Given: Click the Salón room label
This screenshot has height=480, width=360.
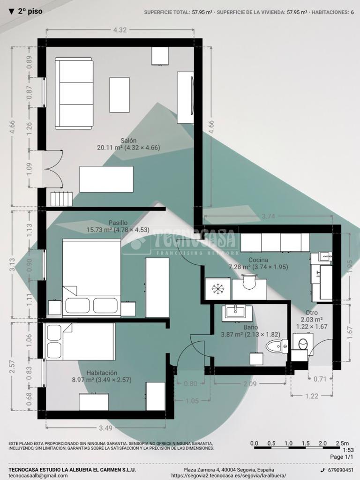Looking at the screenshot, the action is pos(128,141).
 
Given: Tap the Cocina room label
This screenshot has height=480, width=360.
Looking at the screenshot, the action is pos(258,260).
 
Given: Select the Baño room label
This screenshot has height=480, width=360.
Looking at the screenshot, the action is pos(251,328).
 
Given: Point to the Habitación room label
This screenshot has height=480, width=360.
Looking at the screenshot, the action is pos(102,373).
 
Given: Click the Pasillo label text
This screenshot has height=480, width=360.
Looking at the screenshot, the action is pos(118,223).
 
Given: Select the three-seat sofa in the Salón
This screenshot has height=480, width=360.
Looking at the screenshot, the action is pos(74,93).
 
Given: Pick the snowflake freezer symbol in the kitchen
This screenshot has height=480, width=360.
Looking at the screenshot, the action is pos(218,288).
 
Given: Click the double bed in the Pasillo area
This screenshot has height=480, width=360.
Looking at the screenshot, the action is pos(91,278).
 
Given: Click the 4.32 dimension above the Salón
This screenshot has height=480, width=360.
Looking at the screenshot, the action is pos(120,30).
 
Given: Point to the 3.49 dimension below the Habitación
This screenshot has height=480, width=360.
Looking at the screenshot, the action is pos(105,428).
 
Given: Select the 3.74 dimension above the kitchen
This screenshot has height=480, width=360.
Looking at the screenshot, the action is pos(268,216).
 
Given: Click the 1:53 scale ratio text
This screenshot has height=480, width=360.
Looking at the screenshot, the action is pos(348,450).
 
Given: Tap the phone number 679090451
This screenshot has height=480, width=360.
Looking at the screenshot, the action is pos(340,470).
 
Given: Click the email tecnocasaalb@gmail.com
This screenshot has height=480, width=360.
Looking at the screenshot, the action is pos(38,476).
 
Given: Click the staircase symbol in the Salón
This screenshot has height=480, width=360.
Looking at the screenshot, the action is pos(61,199).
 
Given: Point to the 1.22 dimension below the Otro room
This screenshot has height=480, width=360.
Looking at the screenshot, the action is pos(312,396).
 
